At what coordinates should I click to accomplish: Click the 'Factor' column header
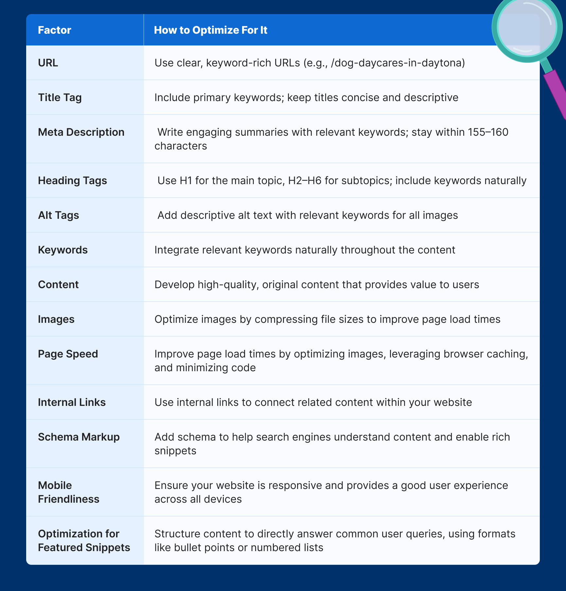tap(54, 30)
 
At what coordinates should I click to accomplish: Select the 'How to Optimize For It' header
tap(210, 30)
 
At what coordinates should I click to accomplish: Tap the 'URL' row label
tap(48, 63)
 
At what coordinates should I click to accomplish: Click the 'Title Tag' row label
tap(60, 97)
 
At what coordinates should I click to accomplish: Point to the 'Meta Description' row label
tap(81, 132)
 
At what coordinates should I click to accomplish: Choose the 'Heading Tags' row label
tap(72, 181)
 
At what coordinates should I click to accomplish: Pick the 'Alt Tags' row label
tap(58, 215)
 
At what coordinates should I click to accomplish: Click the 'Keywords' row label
tap(62, 250)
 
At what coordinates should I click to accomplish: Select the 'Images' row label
tap(56, 319)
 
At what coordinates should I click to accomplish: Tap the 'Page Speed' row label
tap(68, 354)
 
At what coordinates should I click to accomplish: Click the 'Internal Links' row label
tap(72, 402)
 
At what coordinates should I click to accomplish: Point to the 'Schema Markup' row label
tap(79, 437)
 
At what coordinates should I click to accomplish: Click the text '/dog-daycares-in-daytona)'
tap(398, 63)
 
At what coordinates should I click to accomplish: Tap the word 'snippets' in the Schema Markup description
tap(175, 451)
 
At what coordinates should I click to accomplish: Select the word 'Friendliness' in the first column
tap(68, 499)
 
